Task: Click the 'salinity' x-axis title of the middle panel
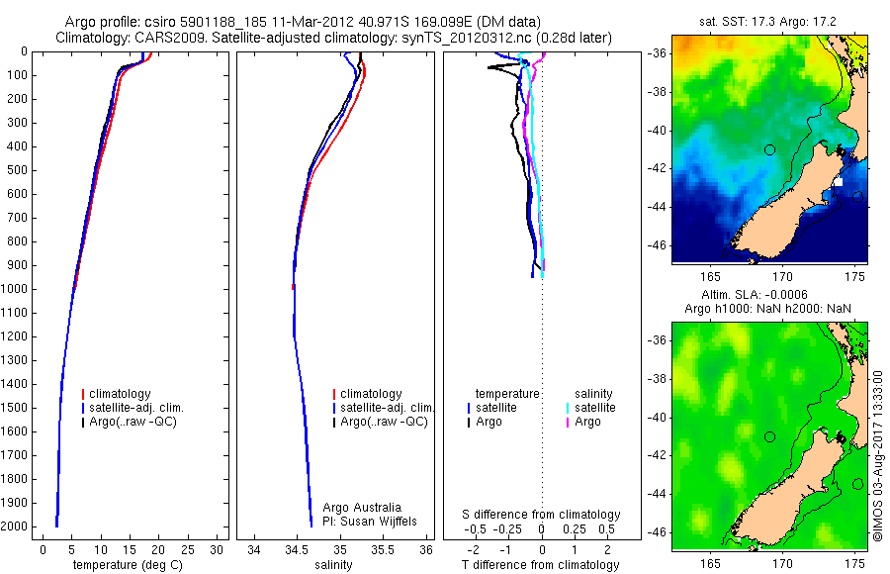point(332,565)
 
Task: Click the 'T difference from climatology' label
point(541,565)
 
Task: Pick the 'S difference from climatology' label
point(541,515)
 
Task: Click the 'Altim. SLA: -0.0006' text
point(768,296)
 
